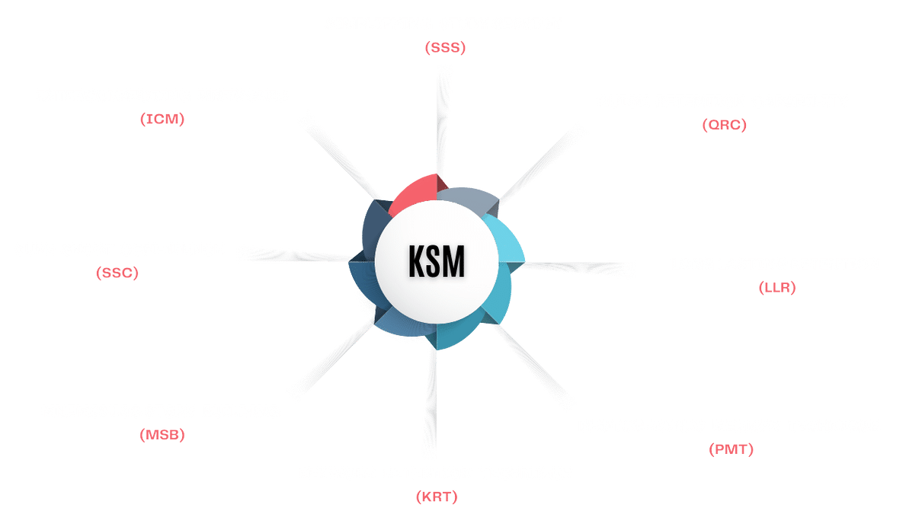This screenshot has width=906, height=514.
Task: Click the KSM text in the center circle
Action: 436,262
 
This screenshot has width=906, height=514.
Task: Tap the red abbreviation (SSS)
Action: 445,48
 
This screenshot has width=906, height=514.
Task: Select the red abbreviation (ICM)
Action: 162,120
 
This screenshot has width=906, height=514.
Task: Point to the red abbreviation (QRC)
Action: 723,125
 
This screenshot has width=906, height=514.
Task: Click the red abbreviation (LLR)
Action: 776,288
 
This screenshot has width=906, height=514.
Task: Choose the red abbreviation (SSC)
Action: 118,273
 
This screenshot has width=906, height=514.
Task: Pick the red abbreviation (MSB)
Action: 162,436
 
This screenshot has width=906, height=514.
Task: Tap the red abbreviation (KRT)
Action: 437,497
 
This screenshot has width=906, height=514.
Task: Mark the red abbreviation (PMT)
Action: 730,449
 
